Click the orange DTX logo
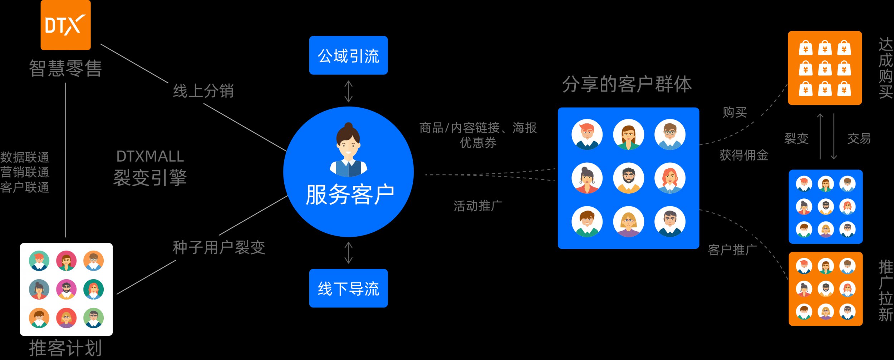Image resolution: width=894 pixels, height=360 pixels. [x=65, y=25]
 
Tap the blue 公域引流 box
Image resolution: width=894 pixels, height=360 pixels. [x=348, y=55]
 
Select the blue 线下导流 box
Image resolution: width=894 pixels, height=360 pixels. [x=348, y=288]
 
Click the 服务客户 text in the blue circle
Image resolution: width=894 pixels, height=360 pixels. [x=350, y=195]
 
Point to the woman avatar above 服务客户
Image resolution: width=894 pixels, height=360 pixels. [x=348, y=150]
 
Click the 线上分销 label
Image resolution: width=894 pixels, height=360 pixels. [x=203, y=91]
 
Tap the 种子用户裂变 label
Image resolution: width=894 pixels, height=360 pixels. [x=219, y=247]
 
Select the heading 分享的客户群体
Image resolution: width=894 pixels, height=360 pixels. [x=627, y=84]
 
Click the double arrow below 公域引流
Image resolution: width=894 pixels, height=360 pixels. [x=348, y=92]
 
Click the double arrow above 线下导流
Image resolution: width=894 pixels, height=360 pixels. [x=348, y=253]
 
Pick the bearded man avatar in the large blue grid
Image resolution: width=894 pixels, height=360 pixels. [x=628, y=178]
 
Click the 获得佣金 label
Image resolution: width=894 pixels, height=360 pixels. [x=744, y=155]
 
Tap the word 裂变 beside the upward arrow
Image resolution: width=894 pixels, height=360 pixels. [x=796, y=138]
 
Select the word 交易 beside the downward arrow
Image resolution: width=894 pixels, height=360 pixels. [x=859, y=138]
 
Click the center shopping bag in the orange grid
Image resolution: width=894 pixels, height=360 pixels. [x=825, y=68]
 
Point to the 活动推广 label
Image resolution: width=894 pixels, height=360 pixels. [x=478, y=206]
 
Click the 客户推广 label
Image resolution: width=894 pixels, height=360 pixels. [x=732, y=250]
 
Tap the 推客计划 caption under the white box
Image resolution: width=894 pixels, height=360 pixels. [x=65, y=348]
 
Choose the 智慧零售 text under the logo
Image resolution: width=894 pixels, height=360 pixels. [x=65, y=68]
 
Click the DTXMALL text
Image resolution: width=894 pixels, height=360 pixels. [x=150, y=156]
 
